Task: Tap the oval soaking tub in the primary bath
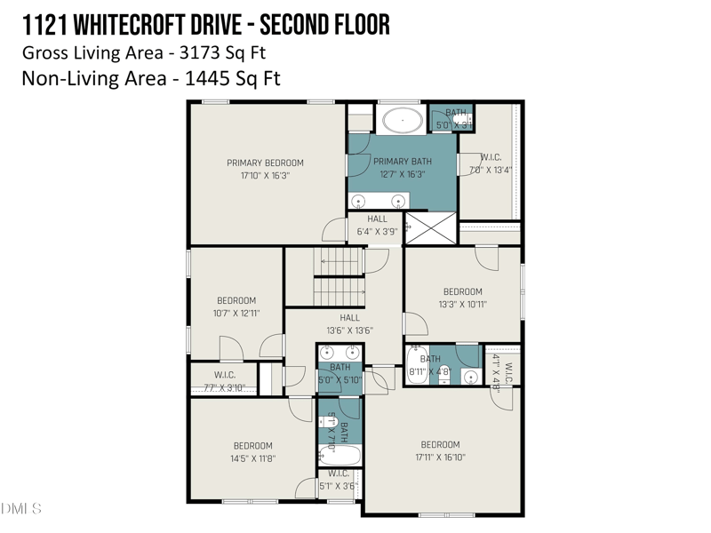pyautogui.click(x=403, y=119)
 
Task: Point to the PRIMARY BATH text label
pyautogui.click(x=402, y=162)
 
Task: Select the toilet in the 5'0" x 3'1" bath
pyautogui.click(x=464, y=119)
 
